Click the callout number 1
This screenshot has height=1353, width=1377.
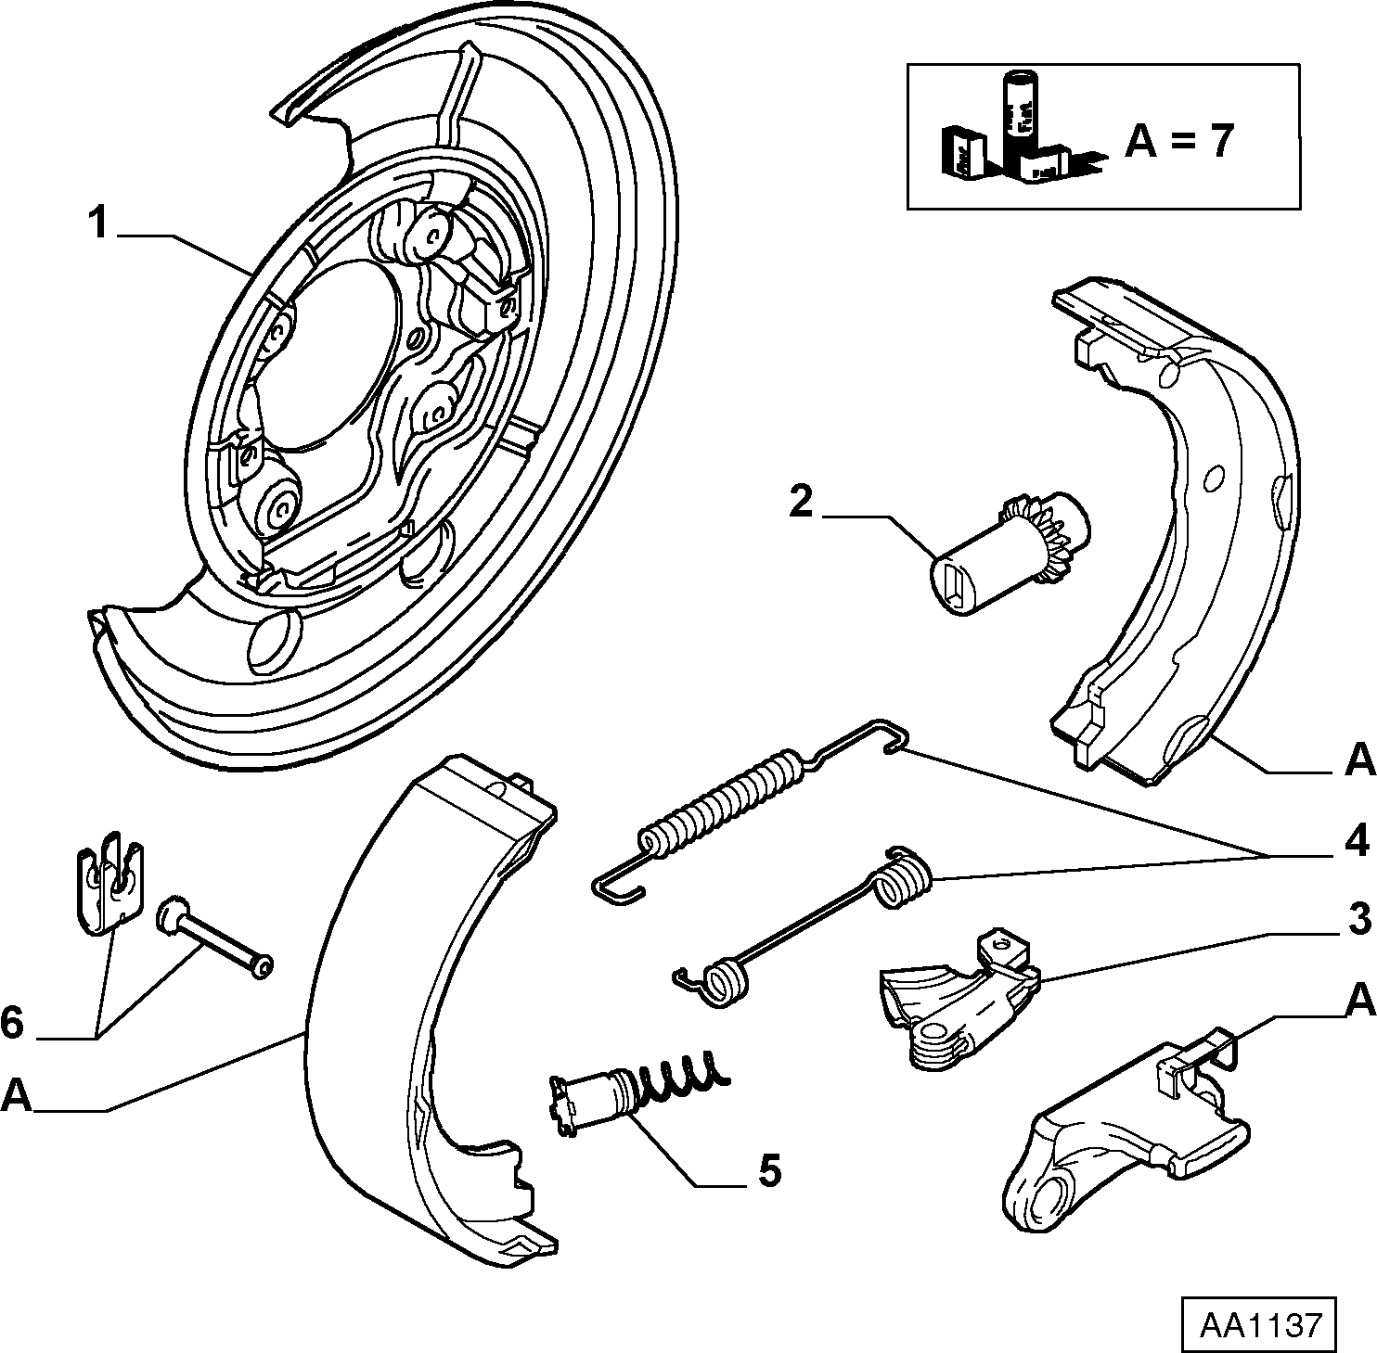(99, 224)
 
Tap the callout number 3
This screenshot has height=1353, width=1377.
(1358, 921)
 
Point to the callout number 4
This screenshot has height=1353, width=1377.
(1358, 842)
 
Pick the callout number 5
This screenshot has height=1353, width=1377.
(769, 1170)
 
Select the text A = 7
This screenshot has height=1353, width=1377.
(1180, 141)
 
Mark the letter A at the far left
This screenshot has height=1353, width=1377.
(16, 1096)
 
